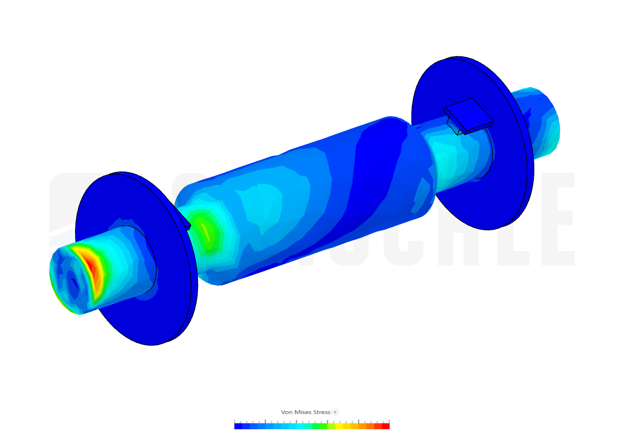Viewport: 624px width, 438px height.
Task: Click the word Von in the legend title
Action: coord(286,412)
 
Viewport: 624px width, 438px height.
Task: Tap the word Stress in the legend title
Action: coord(321,412)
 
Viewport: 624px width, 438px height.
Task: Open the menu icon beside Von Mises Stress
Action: coord(335,412)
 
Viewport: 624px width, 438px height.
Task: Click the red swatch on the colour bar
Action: coord(386,426)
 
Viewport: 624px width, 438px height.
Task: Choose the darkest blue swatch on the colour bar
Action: coord(238,426)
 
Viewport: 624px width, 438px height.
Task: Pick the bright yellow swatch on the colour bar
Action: coord(347,426)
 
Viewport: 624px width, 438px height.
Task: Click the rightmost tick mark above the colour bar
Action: coord(390,421)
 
